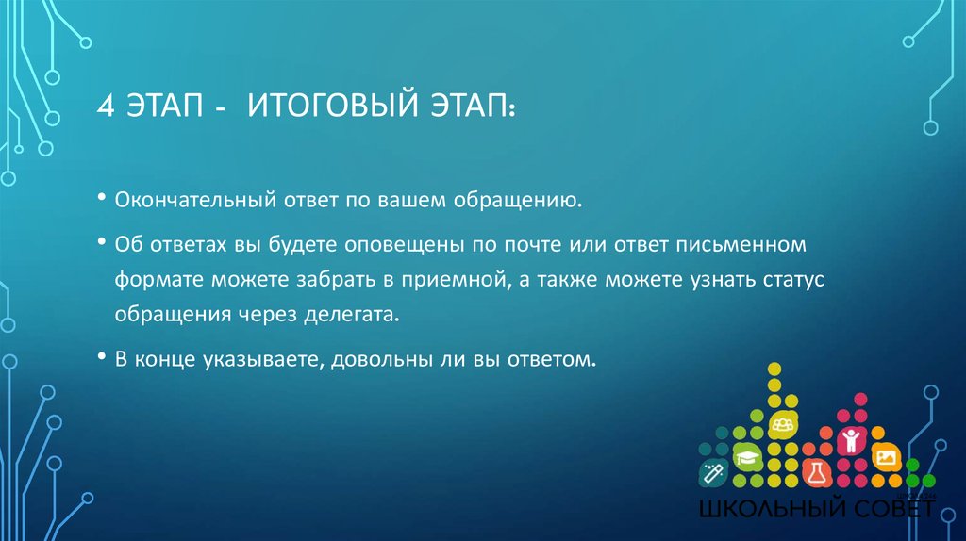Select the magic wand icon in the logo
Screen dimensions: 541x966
(710, 469)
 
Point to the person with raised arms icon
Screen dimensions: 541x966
(851, 438)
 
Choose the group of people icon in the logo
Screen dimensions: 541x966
(781, 425)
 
